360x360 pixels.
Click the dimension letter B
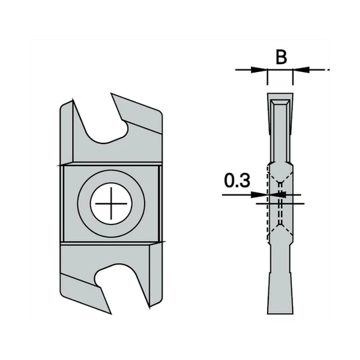tap(280, 57)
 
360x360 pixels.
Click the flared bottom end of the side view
tap(279, 295)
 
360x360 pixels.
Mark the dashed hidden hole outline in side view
tap(280, 203)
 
